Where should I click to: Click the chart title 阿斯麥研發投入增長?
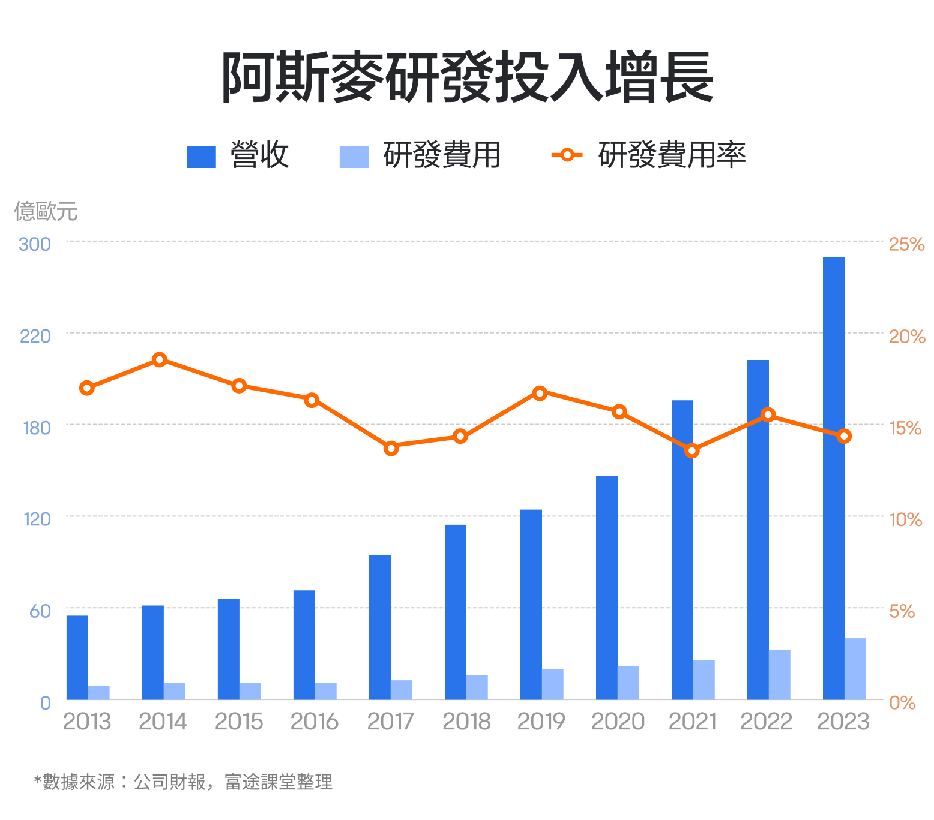tap(467, 77)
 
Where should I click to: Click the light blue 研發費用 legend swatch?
tap(354, 157)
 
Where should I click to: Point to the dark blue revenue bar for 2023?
tap(833, 478)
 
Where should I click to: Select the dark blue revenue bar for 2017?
tap(379, 627)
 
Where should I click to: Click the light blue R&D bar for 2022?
tap(779, 674)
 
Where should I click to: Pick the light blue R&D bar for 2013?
tap(98, 693)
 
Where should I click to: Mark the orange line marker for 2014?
tap(159, 360)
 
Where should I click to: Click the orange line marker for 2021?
tap(692, 450)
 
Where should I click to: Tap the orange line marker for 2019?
tap(540, 393)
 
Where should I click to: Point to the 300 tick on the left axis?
tap(35, 244)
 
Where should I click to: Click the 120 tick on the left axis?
tap(37, 519)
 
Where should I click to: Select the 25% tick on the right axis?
tap(906, 244)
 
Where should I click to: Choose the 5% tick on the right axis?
tap(902, 611)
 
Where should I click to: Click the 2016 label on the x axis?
tap(314, 722)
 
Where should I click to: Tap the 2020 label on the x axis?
tap(618, 722)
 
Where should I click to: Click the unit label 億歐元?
tap(46, 211)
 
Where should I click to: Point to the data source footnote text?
tap(183, 782)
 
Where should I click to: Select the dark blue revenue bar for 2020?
tap(606, 587)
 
